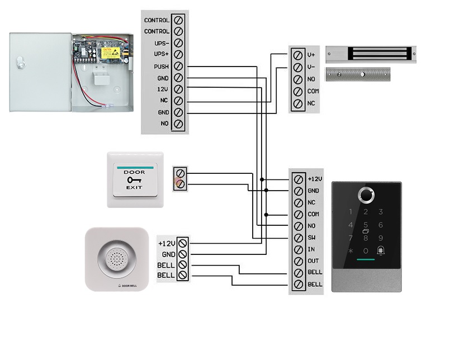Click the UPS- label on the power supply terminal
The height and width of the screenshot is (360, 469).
tap(161, 43)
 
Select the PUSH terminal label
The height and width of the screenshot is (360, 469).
tap(161, 67)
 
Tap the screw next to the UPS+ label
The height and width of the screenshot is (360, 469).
tap(179, 55)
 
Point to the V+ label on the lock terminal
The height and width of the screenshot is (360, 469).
tap(311, 55)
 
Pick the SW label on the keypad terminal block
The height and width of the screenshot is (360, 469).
tap(312, 238)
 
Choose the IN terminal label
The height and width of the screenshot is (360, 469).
tap(311, 250)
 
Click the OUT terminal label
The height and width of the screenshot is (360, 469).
tap(312, 262)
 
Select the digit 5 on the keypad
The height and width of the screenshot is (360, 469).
tap(366, 225)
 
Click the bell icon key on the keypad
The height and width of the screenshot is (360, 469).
tap(381, 250)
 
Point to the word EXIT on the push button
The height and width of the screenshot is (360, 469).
tap(135, 188)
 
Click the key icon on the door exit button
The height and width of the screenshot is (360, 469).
tap(134, 179)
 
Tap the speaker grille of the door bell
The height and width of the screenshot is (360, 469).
tap(116, 259)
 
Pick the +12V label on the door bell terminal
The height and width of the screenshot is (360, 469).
tap(167, 244)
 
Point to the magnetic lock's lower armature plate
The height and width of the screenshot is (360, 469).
tap(358, 74)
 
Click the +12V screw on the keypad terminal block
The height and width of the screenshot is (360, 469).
tap(298, 179)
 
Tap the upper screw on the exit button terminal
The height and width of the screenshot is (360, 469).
tap(179, 174)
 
